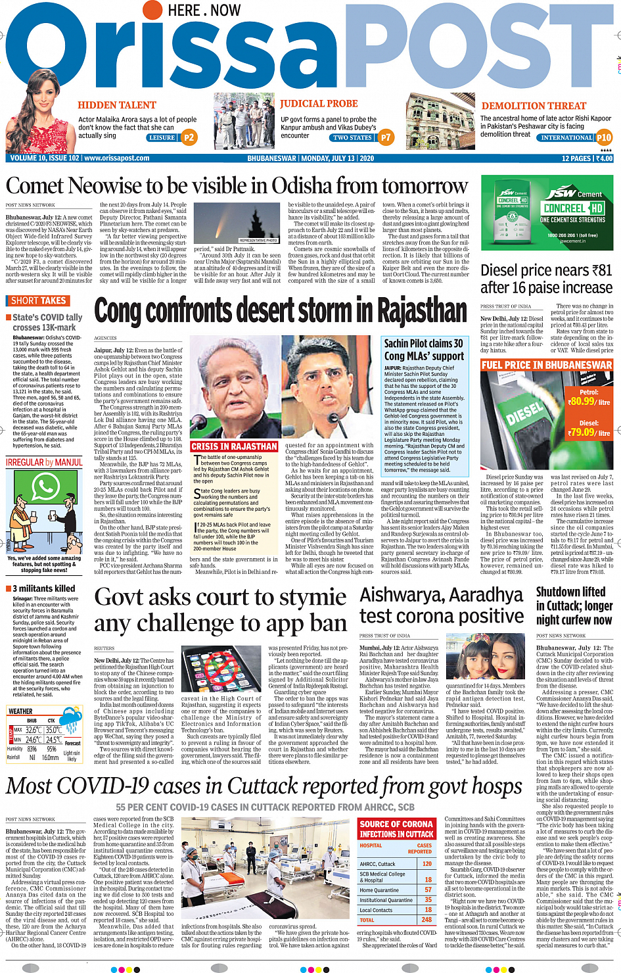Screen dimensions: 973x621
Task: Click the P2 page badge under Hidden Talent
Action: pos(189,137)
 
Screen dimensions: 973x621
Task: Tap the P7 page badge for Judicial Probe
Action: pos(385,137)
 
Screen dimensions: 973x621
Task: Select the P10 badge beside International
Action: pos(603,137)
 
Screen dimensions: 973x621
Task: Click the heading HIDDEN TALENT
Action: pos(117,105)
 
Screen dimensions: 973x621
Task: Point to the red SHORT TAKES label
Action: pos(39,300)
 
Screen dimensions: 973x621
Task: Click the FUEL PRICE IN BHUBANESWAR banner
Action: pos(547,365)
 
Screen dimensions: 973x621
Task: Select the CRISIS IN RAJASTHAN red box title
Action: pos(235,446)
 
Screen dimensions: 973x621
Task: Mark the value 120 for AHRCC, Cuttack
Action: pos(427,864)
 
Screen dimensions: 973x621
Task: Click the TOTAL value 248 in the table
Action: pos(427,920)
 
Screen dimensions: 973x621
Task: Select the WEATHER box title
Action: pos(20,711)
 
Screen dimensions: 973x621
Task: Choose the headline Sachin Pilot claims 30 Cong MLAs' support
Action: pos(424,349)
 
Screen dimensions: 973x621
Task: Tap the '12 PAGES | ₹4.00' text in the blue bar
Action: pos(587,158)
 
